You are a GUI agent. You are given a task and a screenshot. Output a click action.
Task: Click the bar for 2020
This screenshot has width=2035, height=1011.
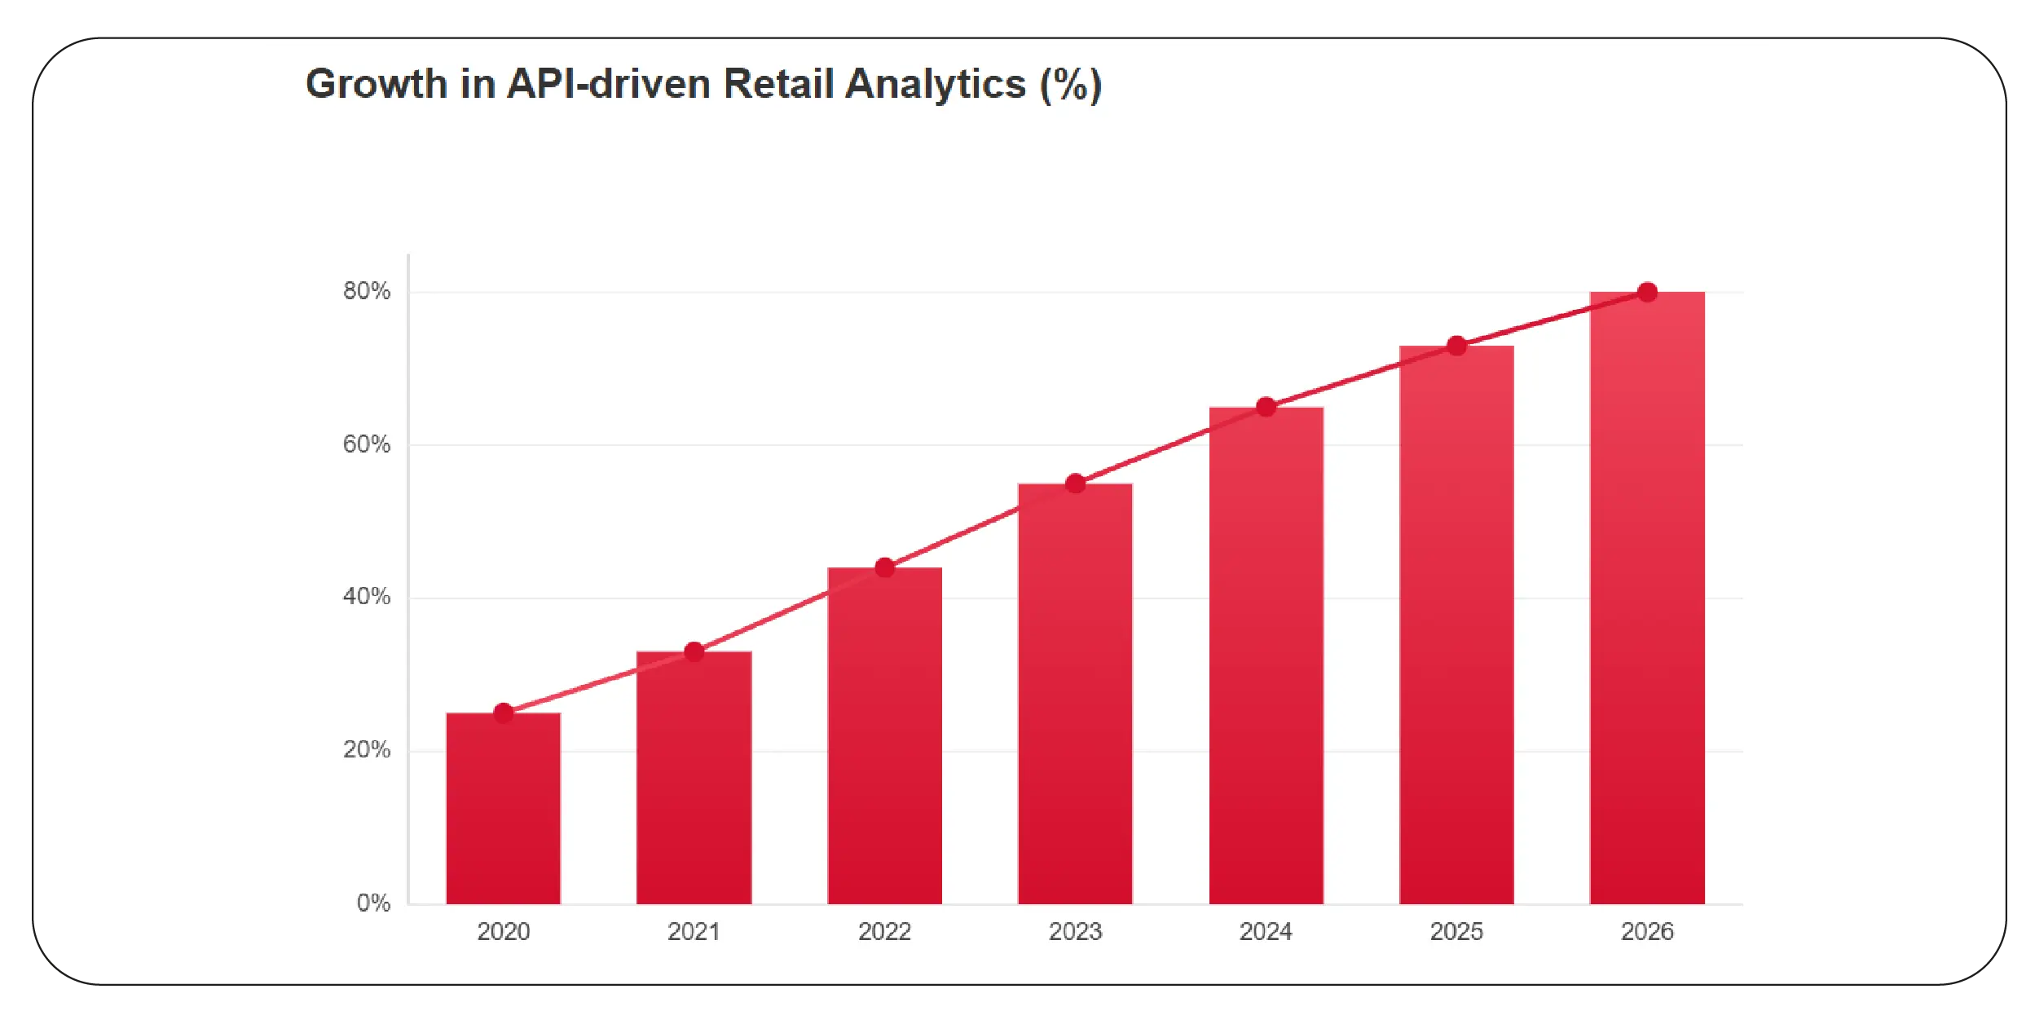pyautogui.click(x=503, y=807)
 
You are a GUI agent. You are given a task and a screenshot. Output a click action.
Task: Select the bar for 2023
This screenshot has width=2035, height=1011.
pyautogui.click(x=1075, y=693)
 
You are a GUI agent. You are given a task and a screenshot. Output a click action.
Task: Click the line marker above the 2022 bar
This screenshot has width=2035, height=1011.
pyautogui.click(x=884, y=567)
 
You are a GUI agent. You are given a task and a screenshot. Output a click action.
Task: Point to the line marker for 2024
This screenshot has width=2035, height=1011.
pyautogui.click(x=1266, y=407)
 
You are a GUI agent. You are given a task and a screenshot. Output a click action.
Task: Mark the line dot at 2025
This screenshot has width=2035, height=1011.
pyautogui.click(x=1456, y=346)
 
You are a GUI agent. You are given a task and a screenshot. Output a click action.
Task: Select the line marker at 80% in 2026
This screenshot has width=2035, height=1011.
pyautogui.click(x=1647, y=292)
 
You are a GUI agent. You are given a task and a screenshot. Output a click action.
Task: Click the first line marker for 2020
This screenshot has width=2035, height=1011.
pyautogui.click(x=503, y=713)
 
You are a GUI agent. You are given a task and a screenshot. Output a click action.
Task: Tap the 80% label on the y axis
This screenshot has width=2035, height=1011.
pyautogui.click(x=367, y=291)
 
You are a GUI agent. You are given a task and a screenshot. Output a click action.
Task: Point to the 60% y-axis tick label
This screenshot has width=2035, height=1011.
pyautogui.click(x=367, y=444)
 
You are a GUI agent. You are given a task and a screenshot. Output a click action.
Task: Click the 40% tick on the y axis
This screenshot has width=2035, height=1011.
pyautogui.click(x=367, y=597)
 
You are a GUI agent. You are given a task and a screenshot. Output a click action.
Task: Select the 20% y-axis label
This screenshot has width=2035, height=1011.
pyautogui.click(x=367, y=750)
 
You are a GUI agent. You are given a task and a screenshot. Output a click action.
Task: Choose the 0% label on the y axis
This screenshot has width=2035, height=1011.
pyautogui.click(x=373, y=903)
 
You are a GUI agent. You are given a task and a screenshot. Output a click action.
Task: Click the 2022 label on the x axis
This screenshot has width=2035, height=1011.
pyautogui.click(x=884, y=931)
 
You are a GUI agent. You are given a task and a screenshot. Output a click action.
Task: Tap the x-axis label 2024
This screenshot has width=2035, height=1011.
pyautogui.click(x=1266, y=931)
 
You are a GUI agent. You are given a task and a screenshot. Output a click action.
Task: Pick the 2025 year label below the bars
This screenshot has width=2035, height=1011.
pyautogui.click(x=1456, y=931)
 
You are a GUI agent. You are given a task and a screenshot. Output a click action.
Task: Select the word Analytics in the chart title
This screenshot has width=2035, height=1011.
pyautogui.click(x=935, y=84)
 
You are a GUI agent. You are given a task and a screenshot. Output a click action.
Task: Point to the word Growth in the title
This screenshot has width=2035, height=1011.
pyautogui.click(x=377, y=84)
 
